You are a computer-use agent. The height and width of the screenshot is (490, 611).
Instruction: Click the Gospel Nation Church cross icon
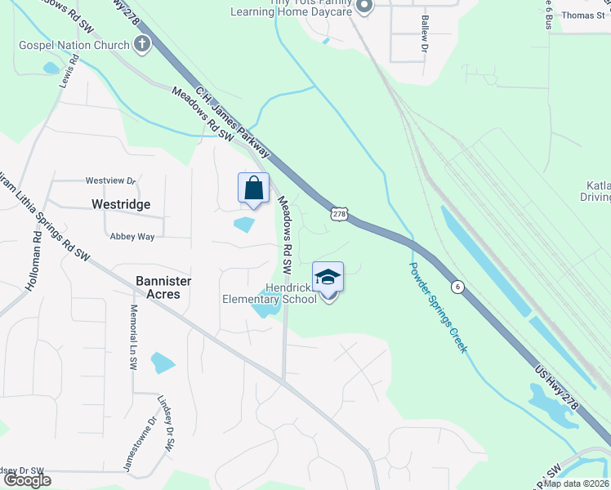(142, 45)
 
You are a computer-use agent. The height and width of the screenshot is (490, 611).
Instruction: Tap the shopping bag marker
(254, 189)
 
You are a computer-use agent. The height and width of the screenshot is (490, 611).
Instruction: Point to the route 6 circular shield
(458, 286)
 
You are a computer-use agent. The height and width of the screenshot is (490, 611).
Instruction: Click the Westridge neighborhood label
(121, 204)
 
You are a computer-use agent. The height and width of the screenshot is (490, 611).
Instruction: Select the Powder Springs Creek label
(438, 307)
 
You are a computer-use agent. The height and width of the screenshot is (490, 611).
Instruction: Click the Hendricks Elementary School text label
(270, 294)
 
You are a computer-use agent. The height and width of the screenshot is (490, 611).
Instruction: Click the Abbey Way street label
(132, 237)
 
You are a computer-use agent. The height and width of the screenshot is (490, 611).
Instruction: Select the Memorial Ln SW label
(133, 338)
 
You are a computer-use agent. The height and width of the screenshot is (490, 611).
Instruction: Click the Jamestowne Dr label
(139, 445)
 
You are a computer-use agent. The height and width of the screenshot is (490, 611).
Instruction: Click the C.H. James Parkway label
(233, 122)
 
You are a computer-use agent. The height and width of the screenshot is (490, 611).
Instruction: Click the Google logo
(27, 480)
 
